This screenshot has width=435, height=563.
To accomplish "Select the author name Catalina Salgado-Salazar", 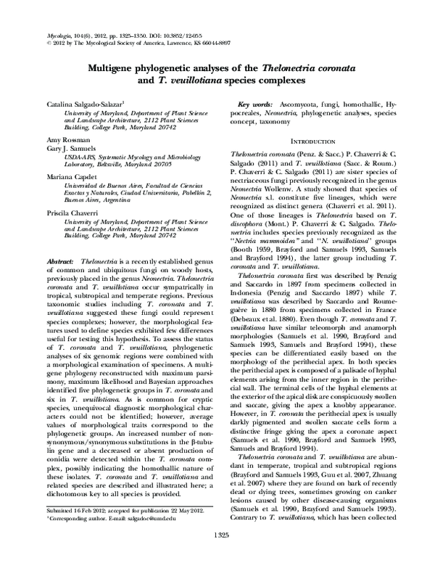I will (x=84, y=106).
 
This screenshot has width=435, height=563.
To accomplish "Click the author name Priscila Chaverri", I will (x=72, y=213).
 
